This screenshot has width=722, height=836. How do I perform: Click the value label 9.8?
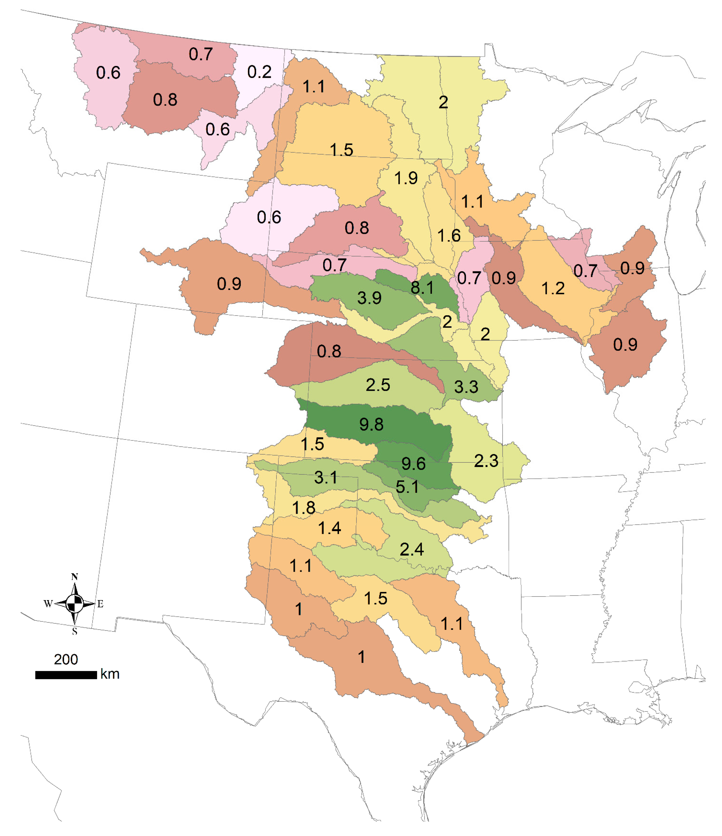point(371,425)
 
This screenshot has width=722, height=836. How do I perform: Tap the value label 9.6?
point(414,464)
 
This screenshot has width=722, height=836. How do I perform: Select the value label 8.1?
point(422,288)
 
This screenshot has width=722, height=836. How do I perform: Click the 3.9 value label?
point(369,298)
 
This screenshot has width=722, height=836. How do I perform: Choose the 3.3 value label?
point(466,387)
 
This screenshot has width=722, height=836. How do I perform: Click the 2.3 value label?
point(486,461)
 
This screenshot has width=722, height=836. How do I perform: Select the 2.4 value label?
point(412,550)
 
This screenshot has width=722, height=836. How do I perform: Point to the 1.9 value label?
point(406,178)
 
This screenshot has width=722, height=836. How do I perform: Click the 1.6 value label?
point(449,236)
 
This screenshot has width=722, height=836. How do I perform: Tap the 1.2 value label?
point(552,289)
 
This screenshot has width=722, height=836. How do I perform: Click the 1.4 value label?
point(329,528)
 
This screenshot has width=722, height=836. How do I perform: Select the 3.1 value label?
point(326,478)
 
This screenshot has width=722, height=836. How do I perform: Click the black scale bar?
point(66,675)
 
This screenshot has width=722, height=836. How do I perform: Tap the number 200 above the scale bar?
point(66,659)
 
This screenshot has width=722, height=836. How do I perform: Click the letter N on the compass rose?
point(74,577)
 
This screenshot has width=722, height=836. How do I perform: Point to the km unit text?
point(110,674)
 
